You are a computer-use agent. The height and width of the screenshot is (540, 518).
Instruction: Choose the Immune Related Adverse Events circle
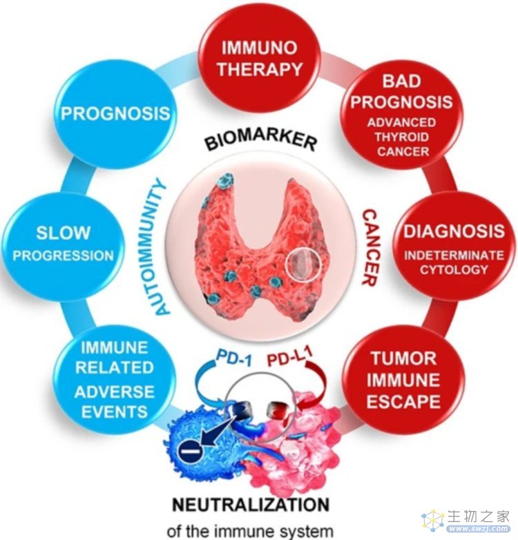[115, 380]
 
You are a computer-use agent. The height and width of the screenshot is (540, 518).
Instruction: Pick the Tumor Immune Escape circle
[403, 380]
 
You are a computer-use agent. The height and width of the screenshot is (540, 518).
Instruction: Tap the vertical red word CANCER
[371, 247]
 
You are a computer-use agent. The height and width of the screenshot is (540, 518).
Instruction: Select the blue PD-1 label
[233, 358]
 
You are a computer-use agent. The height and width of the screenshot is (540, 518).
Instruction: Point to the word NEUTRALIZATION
[251, 505]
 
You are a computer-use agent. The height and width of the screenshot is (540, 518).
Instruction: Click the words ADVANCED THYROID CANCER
[401, 137]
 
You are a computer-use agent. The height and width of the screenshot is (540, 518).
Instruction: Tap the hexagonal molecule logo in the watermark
[434, 521]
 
